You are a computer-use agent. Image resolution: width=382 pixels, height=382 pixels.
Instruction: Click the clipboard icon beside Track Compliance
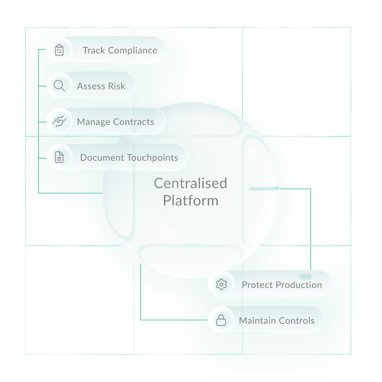(x=59, y=50)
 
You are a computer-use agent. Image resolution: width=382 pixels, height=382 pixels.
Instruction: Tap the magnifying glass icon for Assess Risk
(x=59, y=86)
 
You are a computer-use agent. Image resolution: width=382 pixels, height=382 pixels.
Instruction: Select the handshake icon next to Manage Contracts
(x=59, y=122)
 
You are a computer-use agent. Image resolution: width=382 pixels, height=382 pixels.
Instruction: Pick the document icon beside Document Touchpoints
(x=59, y=157)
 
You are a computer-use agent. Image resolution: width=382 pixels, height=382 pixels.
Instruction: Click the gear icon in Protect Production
(x=221, y=284)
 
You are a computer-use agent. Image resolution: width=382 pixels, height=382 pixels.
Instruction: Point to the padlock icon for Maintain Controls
(x=221, y=320)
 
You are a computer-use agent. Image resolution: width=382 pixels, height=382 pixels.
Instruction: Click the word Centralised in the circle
(x=190, y=183)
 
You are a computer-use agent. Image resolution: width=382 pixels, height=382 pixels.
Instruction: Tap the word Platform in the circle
(x=190, y=200)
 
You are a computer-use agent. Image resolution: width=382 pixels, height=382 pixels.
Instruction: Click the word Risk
(x=116, y=86)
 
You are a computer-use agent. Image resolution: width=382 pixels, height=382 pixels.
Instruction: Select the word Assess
(x=91, y=86)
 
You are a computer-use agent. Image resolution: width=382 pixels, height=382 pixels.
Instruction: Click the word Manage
(x=93, y=122)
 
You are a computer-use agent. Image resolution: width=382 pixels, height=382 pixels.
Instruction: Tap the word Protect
(x=257, y=285)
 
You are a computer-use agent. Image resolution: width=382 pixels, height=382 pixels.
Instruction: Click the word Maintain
(x=257, y=320)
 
